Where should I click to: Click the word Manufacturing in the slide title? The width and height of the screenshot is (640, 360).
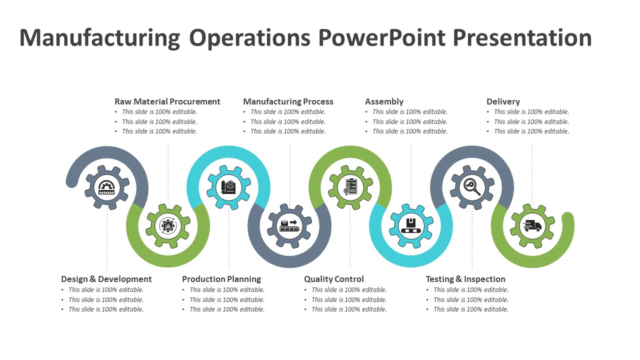(x=99, y=38)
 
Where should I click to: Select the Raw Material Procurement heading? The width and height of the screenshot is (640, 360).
(x=167, y=101)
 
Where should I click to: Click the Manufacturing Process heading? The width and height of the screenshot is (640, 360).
(x=288, y=101)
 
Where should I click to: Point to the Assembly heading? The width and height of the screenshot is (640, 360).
(x=384, y=101)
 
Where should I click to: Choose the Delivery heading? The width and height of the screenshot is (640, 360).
(x=503, y=101)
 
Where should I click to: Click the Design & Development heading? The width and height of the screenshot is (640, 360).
(x=106, y=279)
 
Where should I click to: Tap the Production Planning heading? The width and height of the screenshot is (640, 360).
(x=221, y=279)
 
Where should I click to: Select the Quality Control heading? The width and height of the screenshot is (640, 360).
(x=334, y=279)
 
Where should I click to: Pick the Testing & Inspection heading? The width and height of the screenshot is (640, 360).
(x=465, y=279)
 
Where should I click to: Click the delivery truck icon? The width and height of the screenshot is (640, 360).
(x=532, y=226)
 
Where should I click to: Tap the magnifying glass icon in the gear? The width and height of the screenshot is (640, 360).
(x=472, y=187)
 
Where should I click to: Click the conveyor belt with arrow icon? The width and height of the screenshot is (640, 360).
(x=289, y=226)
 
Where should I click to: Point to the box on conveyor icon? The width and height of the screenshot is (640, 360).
(x=411, y=226)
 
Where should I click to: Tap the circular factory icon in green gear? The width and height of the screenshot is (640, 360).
(x=168, y=226)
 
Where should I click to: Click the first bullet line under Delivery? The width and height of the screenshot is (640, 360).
(x=531, y=112)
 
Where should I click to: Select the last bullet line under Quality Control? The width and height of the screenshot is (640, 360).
(x=349, y=309)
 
